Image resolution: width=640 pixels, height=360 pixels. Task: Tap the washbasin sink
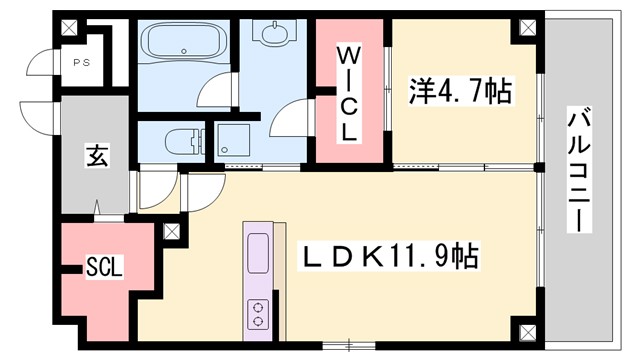coord(273,37)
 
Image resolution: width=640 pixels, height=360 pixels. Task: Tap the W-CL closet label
coord(349,92)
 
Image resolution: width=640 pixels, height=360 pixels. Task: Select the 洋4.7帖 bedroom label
coord(460,93)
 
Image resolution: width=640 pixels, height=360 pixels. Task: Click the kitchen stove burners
coord(258,313)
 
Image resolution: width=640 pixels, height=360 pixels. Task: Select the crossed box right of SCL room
coord(171,233)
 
